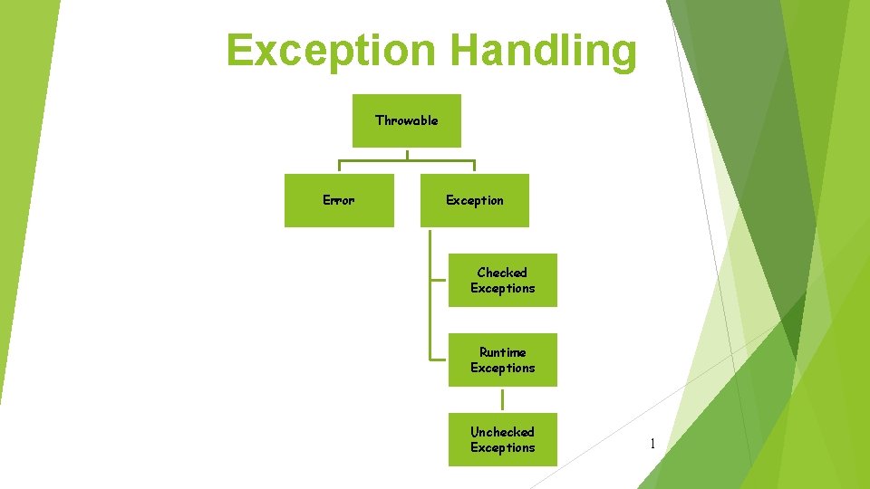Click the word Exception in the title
(331, 51)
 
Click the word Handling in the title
(543, 51)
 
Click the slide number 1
(652, 444)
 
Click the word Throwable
(407, 120)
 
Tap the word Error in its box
(339, 200)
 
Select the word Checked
(502, 273)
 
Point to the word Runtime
(502, 352)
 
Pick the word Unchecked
(502, 432)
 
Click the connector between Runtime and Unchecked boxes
(503, 399)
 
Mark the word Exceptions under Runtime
(503, 369)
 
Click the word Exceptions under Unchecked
(503, 448)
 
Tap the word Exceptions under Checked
(503, 289)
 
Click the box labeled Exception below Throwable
(475, 200)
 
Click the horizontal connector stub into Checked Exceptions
(440, 280)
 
